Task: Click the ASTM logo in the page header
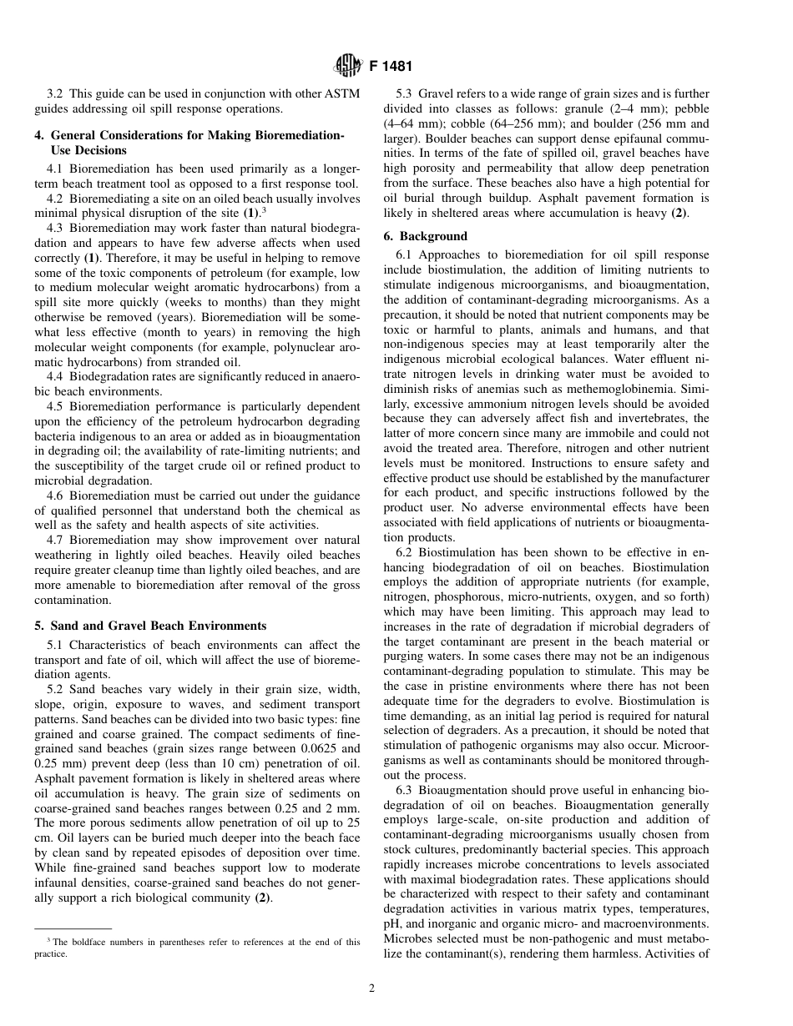pyautogui.click(x=346, y=65)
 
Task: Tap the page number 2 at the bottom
pyautogui.click(x=372, y=988)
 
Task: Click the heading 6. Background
pyautogui.click(x=432, y=237)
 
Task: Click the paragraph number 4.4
pyautogui.click(x=56, y=377)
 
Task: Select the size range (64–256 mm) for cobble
pyautogui.click(x=487, y=123)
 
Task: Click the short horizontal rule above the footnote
pyautogui.click(x=73, y=929)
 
